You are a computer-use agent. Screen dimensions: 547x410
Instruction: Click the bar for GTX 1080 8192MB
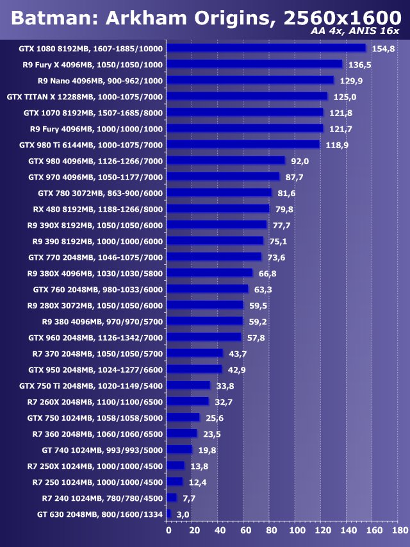[x=266, y=48]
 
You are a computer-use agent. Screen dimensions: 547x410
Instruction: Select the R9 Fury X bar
[x=255, y=64]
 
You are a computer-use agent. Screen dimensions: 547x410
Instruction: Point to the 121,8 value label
[x=341, y=112]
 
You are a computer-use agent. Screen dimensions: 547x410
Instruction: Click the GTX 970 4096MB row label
[x=95, y=176]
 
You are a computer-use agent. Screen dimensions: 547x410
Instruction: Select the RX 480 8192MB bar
[x=218, y=208]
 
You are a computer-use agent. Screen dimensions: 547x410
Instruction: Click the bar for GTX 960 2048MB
[x=204, y=337]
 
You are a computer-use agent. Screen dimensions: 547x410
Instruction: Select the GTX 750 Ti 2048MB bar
[x=188, y=385]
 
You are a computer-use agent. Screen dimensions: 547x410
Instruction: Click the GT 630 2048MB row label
[x=100, y=514]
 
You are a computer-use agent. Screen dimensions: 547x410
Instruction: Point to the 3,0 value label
[x=183, y=514]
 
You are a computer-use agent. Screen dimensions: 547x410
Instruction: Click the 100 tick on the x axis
[x=297, y=530]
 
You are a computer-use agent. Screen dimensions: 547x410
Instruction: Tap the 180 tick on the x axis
[x=399, y=530]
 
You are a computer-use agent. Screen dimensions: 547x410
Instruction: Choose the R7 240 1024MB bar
[x=172, y=498]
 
